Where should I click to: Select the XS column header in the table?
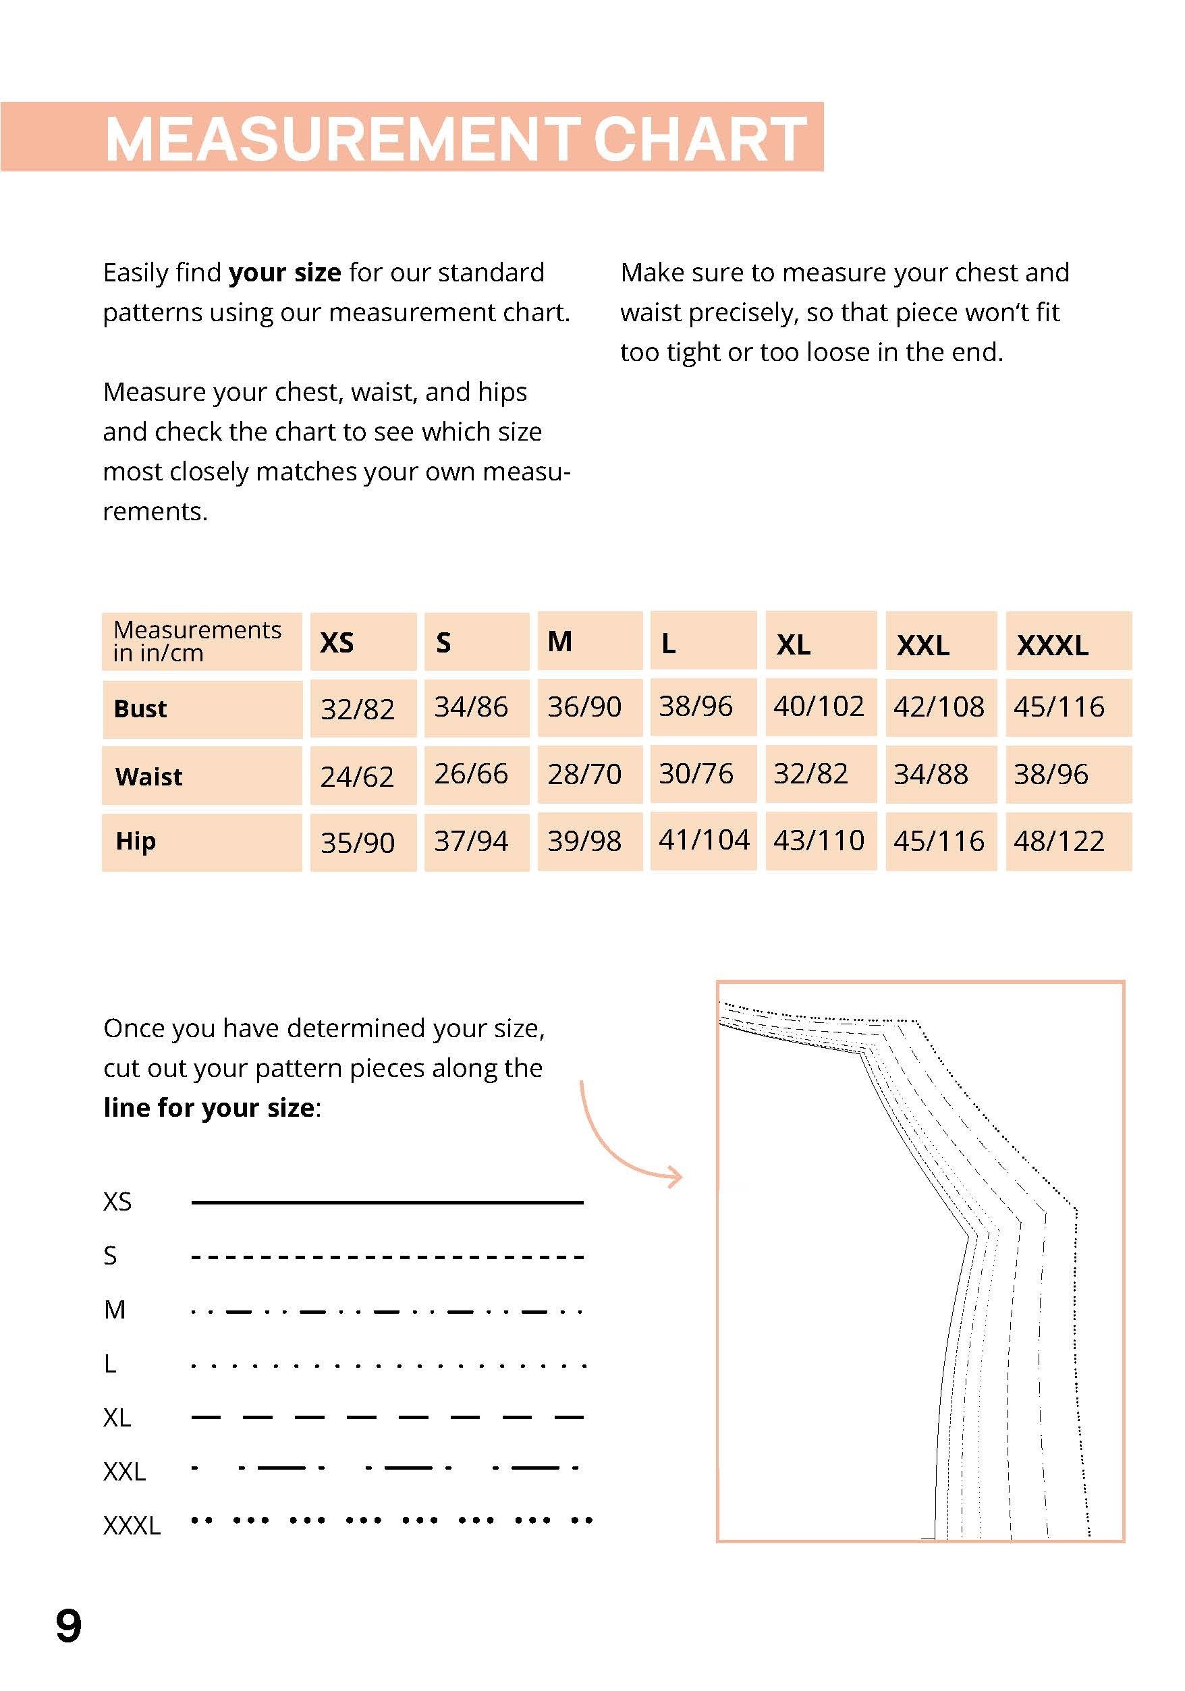click(x=337, y=643)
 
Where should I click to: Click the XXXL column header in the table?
click(x=1053, y=645)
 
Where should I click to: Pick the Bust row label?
click(x=140, y=709)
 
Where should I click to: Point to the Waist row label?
click(x=148, y=776)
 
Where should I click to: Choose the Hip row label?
click(x=136, y=841)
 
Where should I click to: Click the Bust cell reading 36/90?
click(x=584, y=707)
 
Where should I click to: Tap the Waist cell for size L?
click(x=695, y=773)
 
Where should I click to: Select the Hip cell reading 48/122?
click(x=1058, y=841)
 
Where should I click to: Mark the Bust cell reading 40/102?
click(x=819, y=706)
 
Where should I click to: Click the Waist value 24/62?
click(x=357, y=776)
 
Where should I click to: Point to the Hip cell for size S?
click(x=470, y=841)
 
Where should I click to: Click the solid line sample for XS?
click(x=387, y=1202)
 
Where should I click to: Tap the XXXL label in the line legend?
click(x=132, y=1525)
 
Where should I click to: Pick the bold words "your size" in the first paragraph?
click(x=285, y=273)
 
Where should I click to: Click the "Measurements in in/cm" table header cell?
click(x=197, y=642)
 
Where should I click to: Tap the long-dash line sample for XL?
click(x=387, y=1417)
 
